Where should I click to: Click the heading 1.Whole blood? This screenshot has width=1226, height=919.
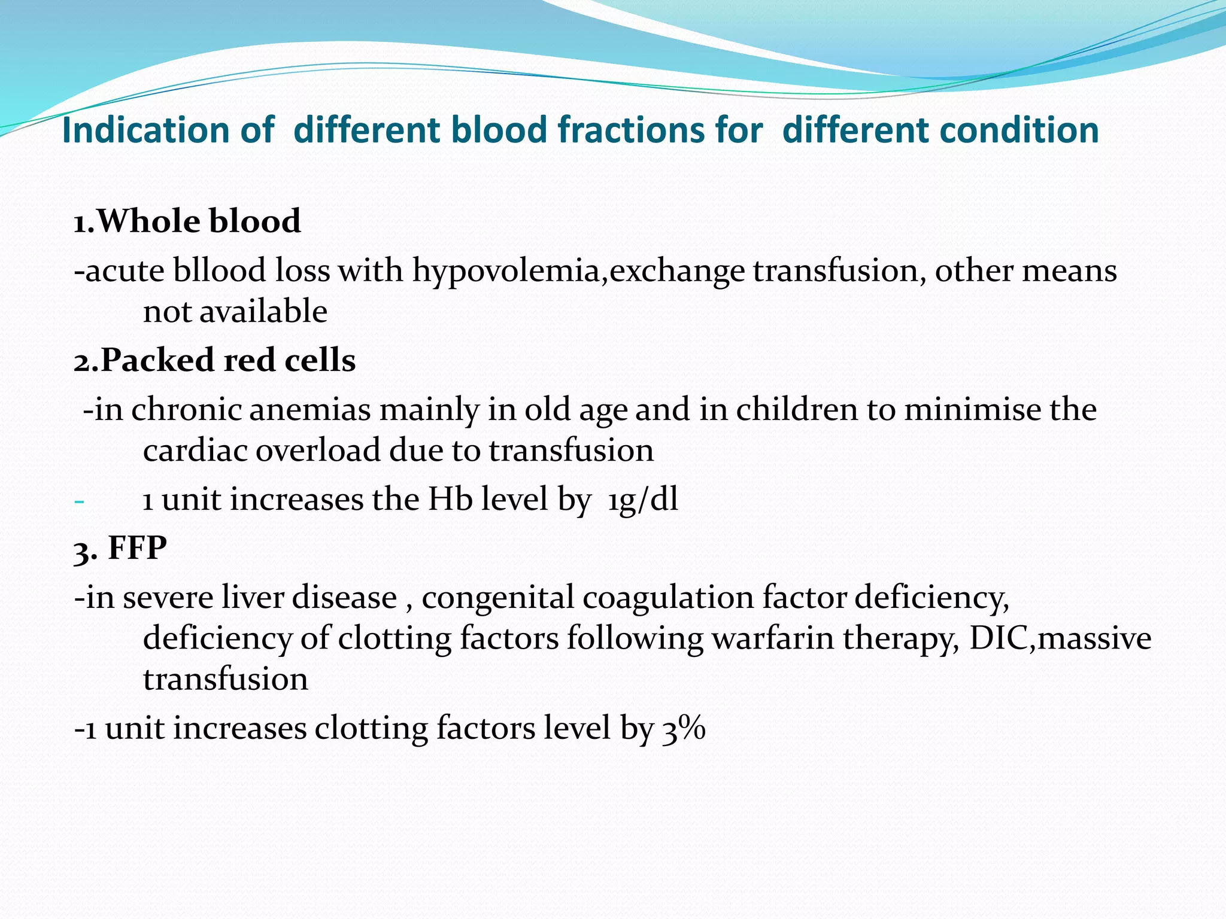187,221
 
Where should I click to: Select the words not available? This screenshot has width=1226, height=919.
235,312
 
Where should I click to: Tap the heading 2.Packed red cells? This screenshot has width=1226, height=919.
214,360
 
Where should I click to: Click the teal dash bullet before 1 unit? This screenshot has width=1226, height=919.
79,500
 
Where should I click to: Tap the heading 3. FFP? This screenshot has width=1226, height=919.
120,548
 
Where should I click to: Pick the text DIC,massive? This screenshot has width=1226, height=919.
1060,638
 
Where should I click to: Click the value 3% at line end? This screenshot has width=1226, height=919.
684,729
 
